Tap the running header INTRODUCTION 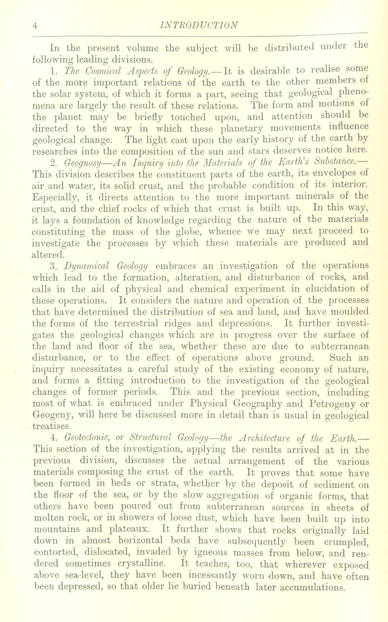click(197, 25)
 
